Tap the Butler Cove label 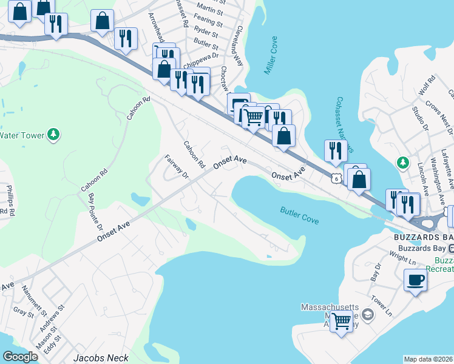pyautogui.click(x=300, y=215)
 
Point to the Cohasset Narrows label pyautogui.click(x=344, y=125)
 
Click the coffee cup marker pyautogui.click(x=415, y=280)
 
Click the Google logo pyautogui.click(x=20, y=357)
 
